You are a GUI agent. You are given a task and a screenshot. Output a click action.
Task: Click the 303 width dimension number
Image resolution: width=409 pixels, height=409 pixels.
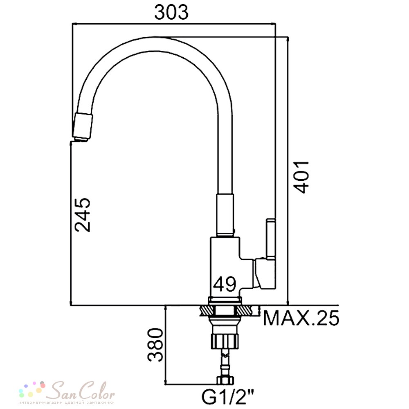tap(171, 13)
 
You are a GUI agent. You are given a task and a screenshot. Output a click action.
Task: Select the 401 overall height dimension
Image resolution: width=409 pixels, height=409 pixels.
tap(301, 177)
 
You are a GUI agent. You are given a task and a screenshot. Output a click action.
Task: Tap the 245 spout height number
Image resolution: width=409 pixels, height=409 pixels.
tap(83, 215)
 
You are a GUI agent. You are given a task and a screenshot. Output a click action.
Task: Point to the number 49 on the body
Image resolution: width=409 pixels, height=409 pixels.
tap(225, 284)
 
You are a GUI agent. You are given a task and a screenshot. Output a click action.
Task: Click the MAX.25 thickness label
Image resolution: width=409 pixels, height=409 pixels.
tap(301, 318)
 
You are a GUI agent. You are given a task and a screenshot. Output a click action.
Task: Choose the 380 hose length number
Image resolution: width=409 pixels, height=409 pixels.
tap(155, 344)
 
